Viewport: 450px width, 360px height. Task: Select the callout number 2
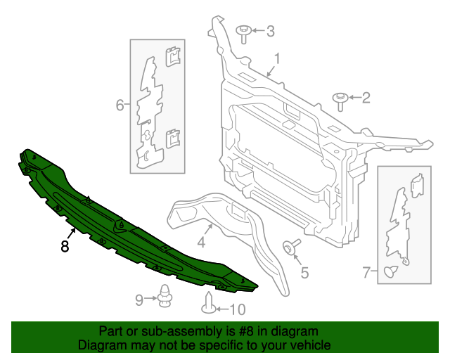(366, 98)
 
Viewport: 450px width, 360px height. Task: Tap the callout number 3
(270, 31)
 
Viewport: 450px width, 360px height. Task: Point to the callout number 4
(200, 243)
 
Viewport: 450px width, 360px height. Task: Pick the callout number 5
(304, 272)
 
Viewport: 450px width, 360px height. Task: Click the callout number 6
(120, 105)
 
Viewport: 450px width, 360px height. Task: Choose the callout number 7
(366, 272)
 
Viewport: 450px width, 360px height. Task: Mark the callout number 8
(65, 246)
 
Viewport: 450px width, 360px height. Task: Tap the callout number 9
(139, 300)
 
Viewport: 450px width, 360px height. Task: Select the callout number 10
(238, 309)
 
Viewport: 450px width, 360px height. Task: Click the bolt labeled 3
(243, 32)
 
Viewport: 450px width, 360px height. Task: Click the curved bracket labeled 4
(232, 225)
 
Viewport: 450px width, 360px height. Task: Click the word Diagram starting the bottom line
(102, 345)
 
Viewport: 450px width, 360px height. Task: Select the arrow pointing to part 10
(221, 309)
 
